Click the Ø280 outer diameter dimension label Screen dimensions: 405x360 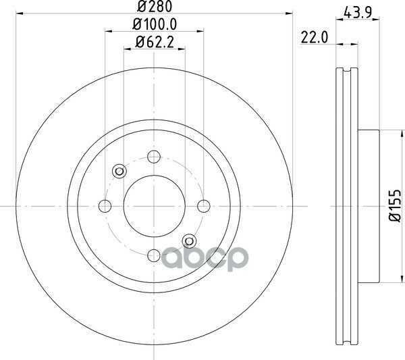tap(155, 6)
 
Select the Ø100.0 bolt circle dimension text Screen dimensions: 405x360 tap(155, 24)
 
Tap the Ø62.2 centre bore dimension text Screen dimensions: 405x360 tap(155, 42)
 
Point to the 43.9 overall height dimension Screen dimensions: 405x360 tap(358, 12)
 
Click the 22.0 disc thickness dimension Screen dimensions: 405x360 tap(315, 37)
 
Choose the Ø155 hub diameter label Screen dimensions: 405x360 tap(395, 206)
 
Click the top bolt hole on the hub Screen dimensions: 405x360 tap(154, 157)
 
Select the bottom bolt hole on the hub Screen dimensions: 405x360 tap(154, 255)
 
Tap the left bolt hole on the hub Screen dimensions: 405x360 tap(105, 206)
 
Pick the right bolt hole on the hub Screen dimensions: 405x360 tap(204, 206)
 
